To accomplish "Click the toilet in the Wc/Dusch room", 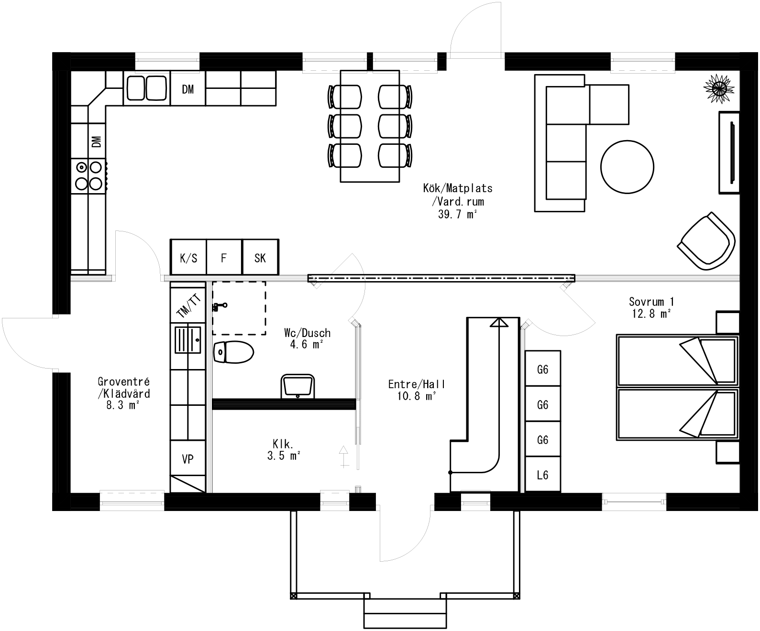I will click(x=233, y=353).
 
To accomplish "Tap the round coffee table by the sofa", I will click(x=627, y=167).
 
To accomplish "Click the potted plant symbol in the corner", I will click(x=718, y=87).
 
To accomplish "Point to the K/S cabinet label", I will click(x=188, y=258).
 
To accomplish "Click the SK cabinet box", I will click(x=260, y=258).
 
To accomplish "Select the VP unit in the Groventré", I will click(x=187, y=459).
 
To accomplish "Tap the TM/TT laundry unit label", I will click(x=189, y=306).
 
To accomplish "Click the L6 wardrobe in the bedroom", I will click(x=542, y=475).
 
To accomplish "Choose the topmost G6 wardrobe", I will click(x=542, y=369).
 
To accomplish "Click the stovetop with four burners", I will click(x=89, y=175).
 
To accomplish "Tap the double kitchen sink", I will click(x=146, y=88).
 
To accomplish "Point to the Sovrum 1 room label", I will click(x=651, y=302).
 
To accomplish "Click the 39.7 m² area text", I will click(x=457, y=214).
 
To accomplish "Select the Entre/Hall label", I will click(x=417, y=384).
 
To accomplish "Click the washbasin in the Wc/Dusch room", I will click(x=297, y=386).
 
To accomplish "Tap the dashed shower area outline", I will click(x=239, y=308).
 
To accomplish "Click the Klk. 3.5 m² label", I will click(x=283, y=450).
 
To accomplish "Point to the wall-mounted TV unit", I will click(x=730, y=152).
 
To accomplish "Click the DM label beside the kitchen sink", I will click(x=188, y=89).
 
